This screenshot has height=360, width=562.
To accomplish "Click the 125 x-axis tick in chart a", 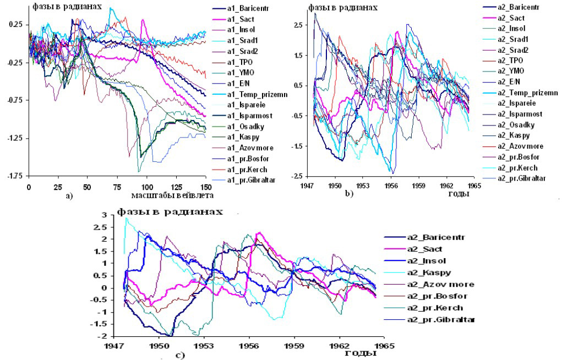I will point(177,187).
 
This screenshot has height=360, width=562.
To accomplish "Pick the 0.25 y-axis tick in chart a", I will point(14,25).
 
